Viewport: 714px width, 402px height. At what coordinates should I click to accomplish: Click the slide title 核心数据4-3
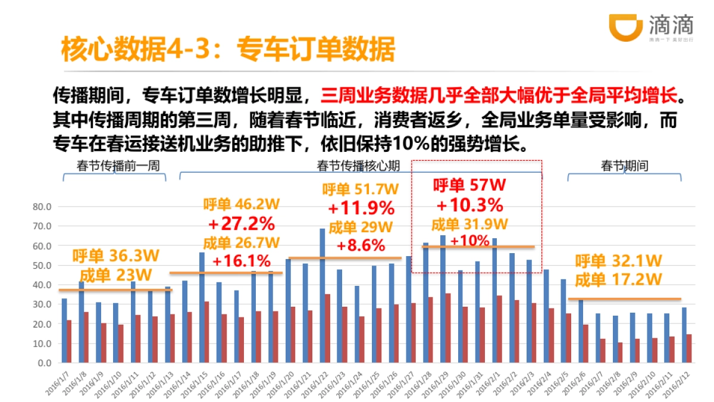click(x=228, y=50)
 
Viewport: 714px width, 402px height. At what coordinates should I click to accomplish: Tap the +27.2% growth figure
click(x=242, y=224)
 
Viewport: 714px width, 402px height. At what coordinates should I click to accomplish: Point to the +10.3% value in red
click(x=470, y=205)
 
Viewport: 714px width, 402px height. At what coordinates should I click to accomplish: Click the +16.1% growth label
click(x=242, y=261)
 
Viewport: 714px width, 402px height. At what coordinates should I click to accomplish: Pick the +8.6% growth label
click(x=361, y=244)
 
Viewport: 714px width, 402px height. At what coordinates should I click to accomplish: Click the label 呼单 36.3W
click(x=116, y=256)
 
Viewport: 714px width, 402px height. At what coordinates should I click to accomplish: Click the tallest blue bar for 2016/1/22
click(x=322, y=295)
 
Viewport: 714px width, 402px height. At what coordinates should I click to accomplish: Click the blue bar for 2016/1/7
click(x=64, y=331)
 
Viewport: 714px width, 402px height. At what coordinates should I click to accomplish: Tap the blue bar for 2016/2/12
click(x=684, y=335)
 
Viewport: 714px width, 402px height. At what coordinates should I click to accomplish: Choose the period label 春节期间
click(x=624, y=166)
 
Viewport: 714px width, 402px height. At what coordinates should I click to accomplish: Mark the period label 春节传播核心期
click(x=358, y=166)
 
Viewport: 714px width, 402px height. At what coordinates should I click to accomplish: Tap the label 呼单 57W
click(x=469, y=185)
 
